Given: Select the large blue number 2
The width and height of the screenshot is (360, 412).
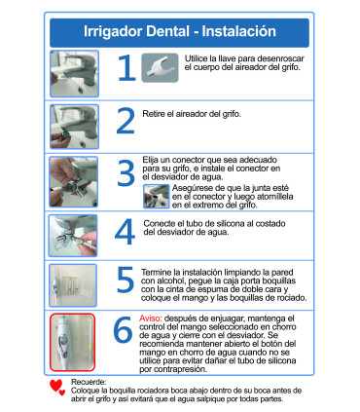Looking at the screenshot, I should click(126, 121).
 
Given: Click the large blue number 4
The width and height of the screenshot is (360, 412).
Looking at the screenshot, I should click(126, 233).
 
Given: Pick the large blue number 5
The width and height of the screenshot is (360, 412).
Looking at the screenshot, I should click(126, 279).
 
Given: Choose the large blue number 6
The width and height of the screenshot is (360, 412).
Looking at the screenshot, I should click(123, 330).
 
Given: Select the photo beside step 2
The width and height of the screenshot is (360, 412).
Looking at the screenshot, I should click(73, 124).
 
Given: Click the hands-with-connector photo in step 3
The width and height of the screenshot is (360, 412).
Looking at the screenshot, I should click(73, 179).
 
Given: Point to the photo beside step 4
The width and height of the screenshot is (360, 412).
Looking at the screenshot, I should click(73, 234).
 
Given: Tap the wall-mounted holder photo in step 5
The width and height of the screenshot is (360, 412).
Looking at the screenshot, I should click(73, 283).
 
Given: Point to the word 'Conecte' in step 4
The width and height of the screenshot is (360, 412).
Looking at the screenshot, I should click(161, 223).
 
